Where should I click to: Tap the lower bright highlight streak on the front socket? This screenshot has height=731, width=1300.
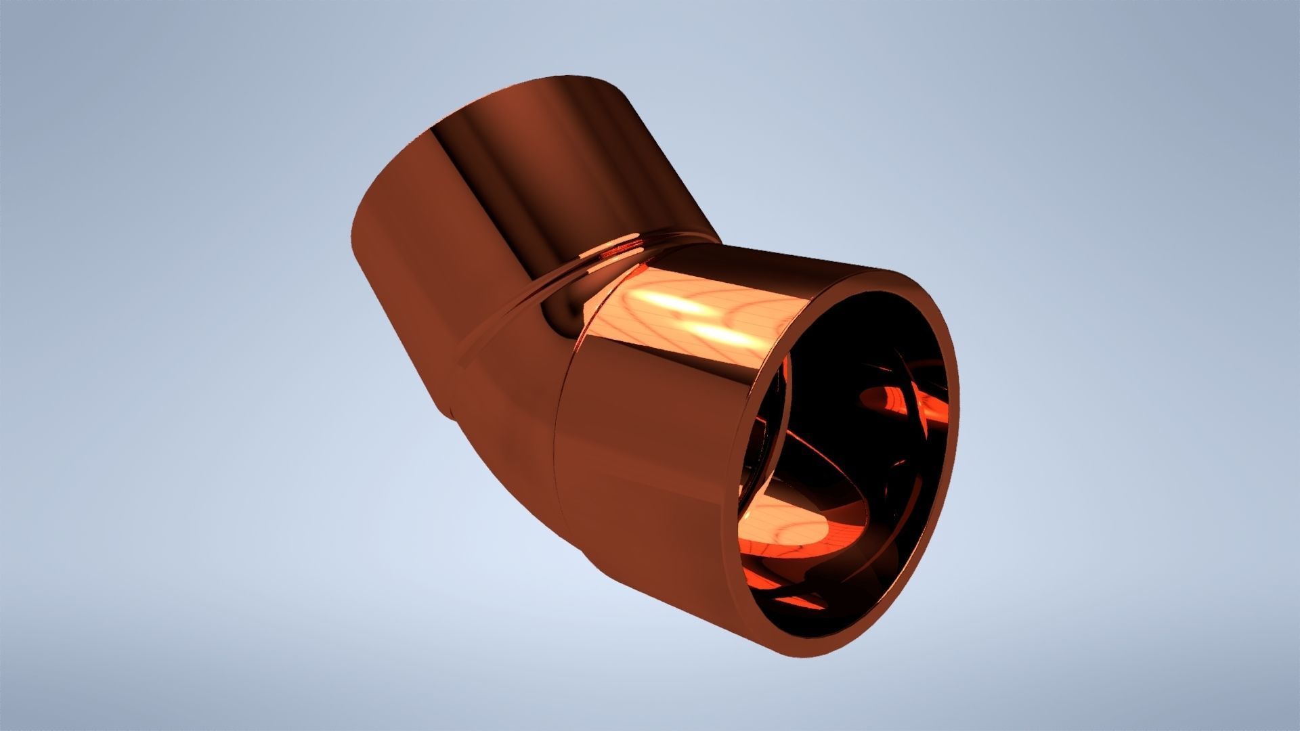(x=718, y=335)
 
